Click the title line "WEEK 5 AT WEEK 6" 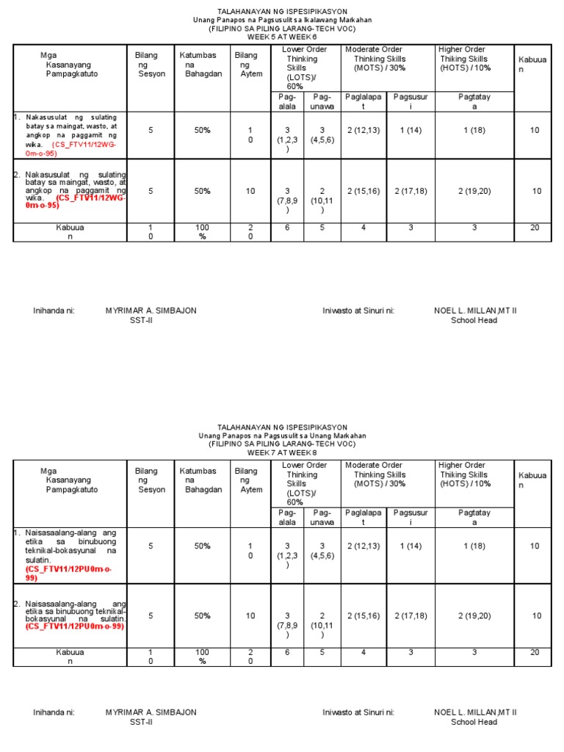coord(283,36)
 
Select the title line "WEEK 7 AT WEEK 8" coord(283,452)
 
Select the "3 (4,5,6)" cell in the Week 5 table coord(322,134)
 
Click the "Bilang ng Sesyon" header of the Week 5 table coord(151,65)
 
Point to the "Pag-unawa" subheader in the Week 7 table coord(322,517)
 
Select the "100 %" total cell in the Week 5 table coord(202,232)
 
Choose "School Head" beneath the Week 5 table coord(474,321)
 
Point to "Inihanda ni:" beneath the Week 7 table coord(54,712)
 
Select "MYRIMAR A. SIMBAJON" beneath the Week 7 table coord(151,712)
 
